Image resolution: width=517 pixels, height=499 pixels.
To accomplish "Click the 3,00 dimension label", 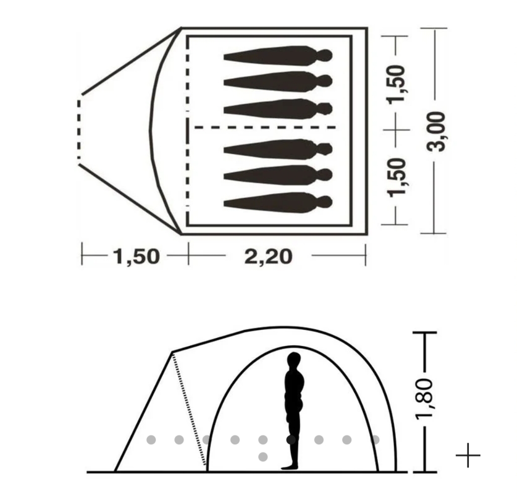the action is point(436,132).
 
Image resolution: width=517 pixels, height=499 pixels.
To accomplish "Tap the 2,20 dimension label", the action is point(268,257).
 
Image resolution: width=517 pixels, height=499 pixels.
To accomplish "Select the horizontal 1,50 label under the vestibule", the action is point(137,257).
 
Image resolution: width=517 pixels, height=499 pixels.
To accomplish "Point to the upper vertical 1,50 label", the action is point(396,85).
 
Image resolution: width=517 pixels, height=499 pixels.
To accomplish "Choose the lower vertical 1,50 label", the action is point(396,178).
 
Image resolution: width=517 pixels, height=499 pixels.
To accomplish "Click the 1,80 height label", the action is point(424,399).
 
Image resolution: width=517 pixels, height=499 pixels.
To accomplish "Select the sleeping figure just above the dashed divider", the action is point(278,109).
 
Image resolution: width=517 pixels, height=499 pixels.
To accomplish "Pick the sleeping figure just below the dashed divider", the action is point(278,149).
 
